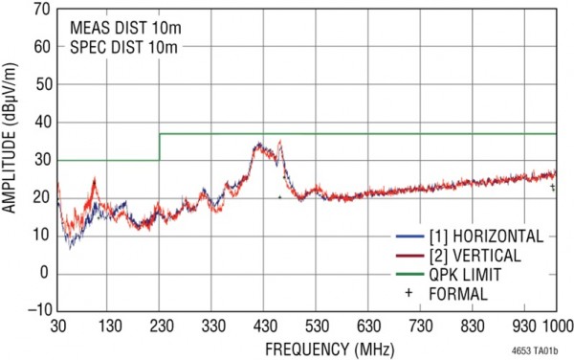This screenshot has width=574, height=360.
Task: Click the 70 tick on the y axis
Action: click(41, 11)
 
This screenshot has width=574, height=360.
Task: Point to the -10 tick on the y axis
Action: click(41, 309)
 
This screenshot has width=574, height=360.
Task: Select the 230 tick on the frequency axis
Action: click(160, 325)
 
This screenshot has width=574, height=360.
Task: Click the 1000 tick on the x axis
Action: click(555, 325)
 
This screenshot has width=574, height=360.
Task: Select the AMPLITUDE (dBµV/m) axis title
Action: click(11, 158)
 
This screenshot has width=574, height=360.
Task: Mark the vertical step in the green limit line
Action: click(160, 146)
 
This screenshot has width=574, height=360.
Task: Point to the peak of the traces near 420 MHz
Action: click(259, 146)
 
